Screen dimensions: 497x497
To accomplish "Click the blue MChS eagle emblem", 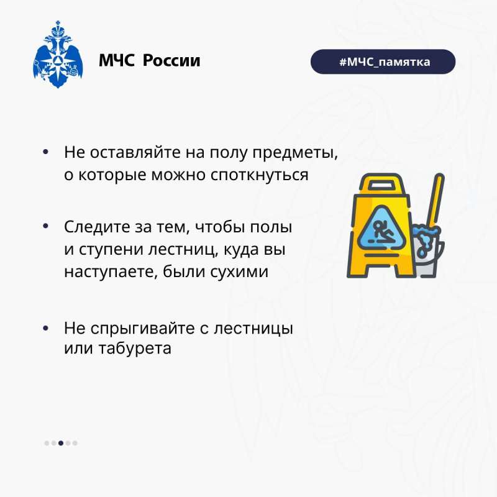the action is pos(58,55).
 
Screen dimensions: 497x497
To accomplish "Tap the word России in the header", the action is pos(171,60).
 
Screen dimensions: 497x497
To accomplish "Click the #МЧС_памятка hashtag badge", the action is pos(383,62).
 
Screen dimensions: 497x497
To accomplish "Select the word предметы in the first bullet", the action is pos(295,153).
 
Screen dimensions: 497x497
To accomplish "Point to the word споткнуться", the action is pos(259,175).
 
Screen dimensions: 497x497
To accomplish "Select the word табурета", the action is pos(135,349).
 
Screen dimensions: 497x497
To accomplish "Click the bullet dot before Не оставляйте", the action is pos(45,152).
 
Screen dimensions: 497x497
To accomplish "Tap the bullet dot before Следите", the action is pos(45,226).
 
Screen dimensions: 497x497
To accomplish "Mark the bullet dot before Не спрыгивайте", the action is pos(45,329).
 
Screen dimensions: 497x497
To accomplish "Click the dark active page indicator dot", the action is pos(61,443).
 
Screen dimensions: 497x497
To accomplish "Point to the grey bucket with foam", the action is pos(427,250).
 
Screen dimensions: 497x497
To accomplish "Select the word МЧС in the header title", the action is pos(117,60).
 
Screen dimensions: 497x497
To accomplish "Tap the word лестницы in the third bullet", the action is pos(253,329).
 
